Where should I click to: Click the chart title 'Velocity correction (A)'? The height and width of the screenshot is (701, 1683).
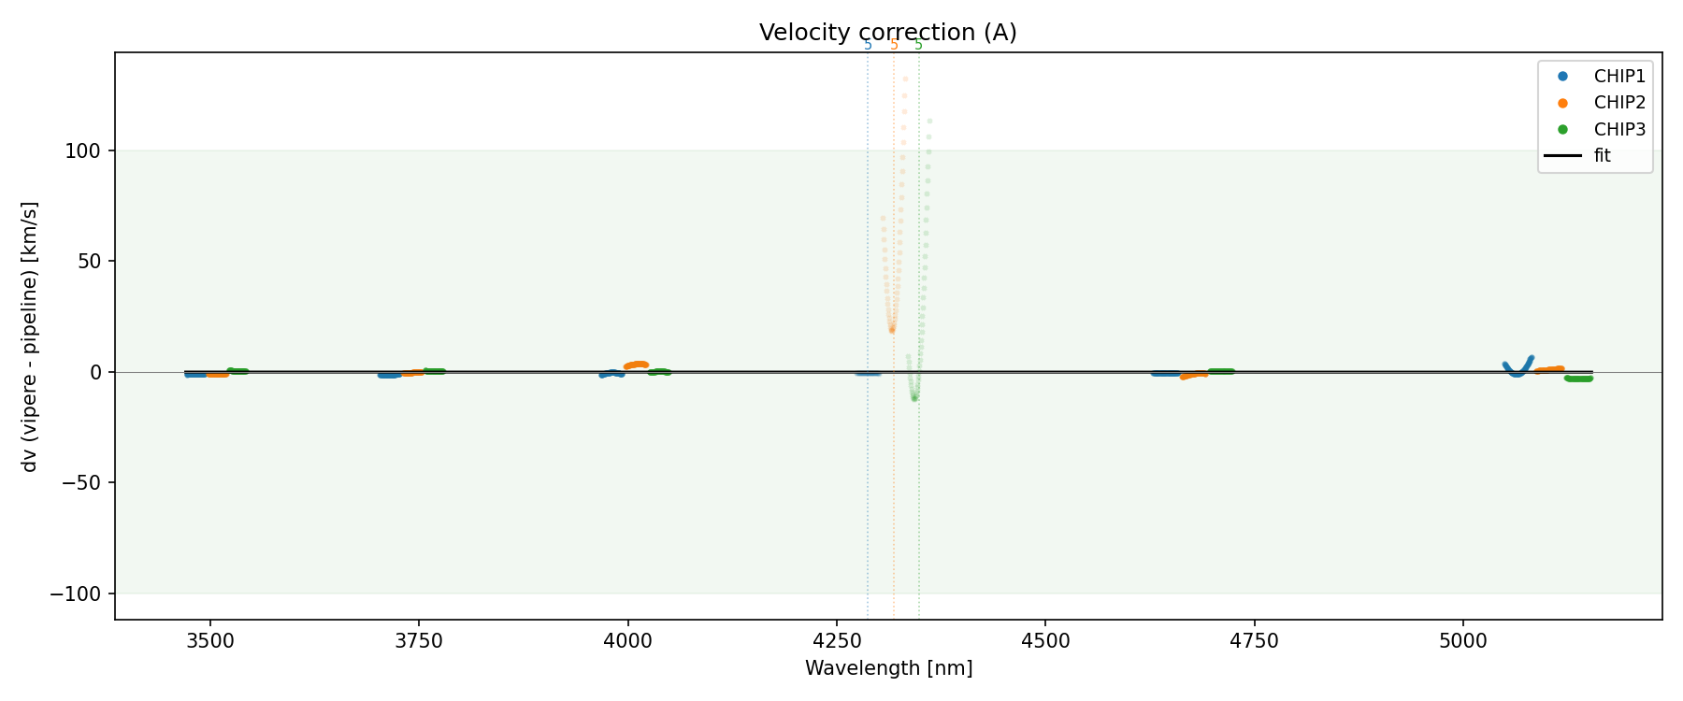pos(887,33)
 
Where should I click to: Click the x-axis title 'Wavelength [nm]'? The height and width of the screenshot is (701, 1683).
pos(888,668)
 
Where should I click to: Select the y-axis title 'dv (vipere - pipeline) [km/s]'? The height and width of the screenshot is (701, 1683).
pos(30,336)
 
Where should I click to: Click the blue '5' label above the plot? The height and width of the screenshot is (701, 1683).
pos(868,45)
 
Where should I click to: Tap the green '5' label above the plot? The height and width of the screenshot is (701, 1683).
pos(918,45)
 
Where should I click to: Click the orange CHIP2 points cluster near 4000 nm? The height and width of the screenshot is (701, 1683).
pos(636,365)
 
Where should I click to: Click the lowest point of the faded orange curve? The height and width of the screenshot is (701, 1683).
pos(892,330)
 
